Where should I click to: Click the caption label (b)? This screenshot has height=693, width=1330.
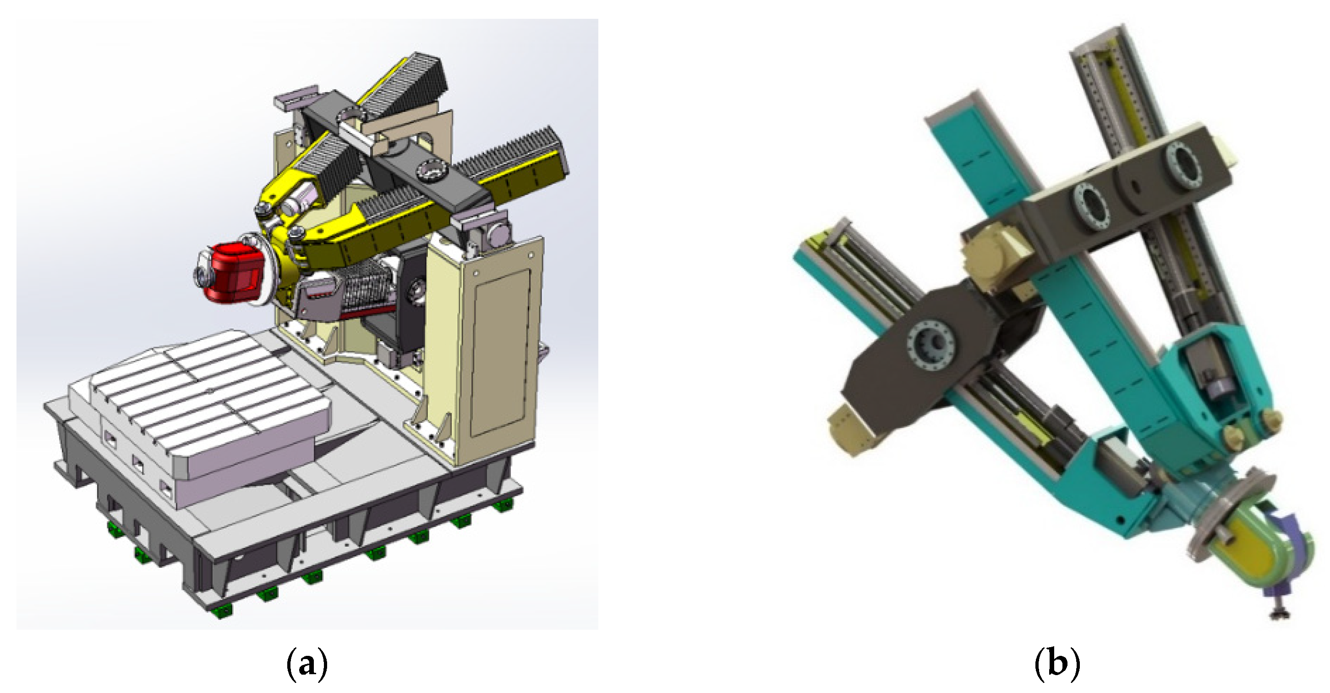tap(1057, 664)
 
